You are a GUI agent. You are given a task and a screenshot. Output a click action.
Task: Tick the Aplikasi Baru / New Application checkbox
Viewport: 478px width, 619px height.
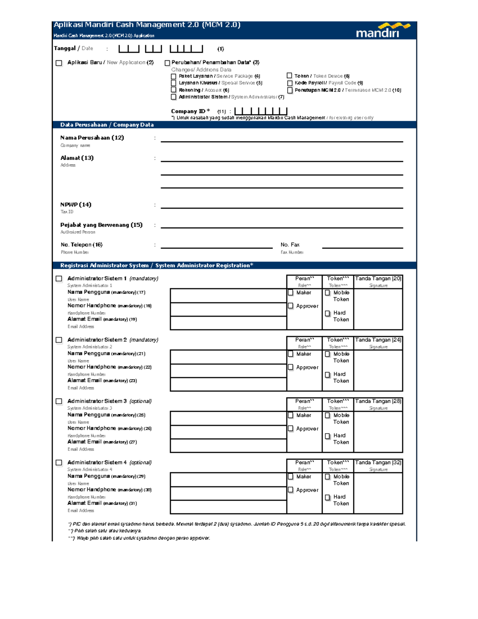[x=59, y=63]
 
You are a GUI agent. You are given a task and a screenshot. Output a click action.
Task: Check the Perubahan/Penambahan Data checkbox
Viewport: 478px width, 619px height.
[x=167, y=63]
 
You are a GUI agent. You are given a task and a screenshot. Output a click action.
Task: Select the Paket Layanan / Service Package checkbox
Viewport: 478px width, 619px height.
[x=174, y=77]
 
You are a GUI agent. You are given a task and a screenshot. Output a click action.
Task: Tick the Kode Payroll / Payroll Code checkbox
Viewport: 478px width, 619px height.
[x=290, y=83]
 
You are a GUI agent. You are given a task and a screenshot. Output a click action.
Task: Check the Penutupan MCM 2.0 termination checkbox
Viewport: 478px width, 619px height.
[x=290, y=90]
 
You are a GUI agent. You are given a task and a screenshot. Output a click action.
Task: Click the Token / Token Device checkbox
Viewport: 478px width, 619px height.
[x=290, y=76]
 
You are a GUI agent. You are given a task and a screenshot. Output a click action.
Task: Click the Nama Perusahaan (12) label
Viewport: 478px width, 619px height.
[x=92, y=138]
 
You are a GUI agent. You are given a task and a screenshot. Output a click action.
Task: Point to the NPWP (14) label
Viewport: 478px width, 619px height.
[x=76, y=205]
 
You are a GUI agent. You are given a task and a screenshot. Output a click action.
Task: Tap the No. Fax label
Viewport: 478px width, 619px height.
[x=290, y=245]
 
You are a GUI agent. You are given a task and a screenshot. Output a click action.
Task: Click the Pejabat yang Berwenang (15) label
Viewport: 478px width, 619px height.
[x=101, y=225]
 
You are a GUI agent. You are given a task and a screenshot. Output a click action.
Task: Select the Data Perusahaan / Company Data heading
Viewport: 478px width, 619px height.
[x=107, y=125]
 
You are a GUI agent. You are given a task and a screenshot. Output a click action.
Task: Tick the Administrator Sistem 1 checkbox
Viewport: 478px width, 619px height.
[x=59, y=279]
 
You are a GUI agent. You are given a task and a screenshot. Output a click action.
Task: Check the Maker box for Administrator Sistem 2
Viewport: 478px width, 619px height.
[x=291, y=354]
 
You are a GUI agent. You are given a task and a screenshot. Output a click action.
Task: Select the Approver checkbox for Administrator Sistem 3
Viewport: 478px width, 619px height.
[x=291, y=429]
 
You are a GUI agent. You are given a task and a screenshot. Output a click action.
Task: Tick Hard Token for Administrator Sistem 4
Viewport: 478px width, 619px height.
[x=327, y=497]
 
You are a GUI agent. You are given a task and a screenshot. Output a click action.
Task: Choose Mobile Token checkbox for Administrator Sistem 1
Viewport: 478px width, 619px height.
[x=327, y=293]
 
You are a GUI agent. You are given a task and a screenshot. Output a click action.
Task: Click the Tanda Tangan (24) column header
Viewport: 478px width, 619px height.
[x=378, y=340]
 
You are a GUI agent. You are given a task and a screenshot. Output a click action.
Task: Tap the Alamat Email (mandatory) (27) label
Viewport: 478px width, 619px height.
[x=102, y=442]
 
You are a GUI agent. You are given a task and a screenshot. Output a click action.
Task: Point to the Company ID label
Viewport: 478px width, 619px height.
[x=190, y=112]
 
